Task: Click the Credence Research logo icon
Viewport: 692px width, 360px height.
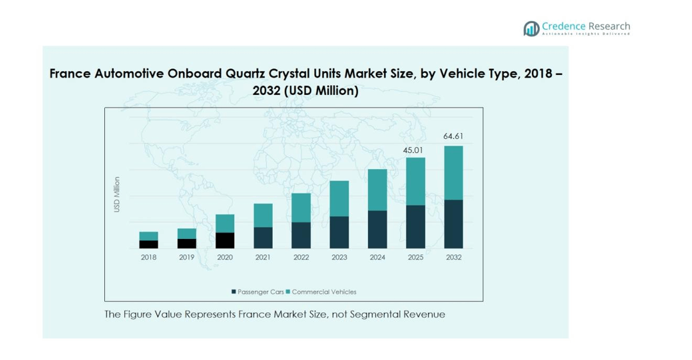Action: (x=531, y=28)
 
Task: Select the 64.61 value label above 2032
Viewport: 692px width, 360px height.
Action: (x=453, y=136)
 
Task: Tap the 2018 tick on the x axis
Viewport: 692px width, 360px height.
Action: (x=149, y=258)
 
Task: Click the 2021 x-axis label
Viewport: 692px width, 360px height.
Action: (x=263, y=258)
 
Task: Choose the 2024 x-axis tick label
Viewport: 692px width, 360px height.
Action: (x=378, y=258)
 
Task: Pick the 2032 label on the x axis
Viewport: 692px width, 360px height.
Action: (x=453, y=258)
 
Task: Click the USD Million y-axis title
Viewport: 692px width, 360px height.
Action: (x=117, y=195)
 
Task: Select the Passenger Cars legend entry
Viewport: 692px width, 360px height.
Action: (x=258, y=292)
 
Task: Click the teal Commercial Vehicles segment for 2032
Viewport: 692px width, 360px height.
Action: (x=453, y=173)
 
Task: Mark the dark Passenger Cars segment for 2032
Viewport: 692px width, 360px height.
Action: (x=453, y=224)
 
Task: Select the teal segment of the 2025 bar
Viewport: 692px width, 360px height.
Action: (x=415, y=181)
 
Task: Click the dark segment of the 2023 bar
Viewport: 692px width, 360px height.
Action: (x=339, y=233)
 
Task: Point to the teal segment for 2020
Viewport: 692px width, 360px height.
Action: (x=225, y=224)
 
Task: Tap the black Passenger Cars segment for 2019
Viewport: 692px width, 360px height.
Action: (x=187, y=243)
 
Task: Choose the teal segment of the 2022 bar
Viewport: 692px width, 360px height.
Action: (x=301, y=208)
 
